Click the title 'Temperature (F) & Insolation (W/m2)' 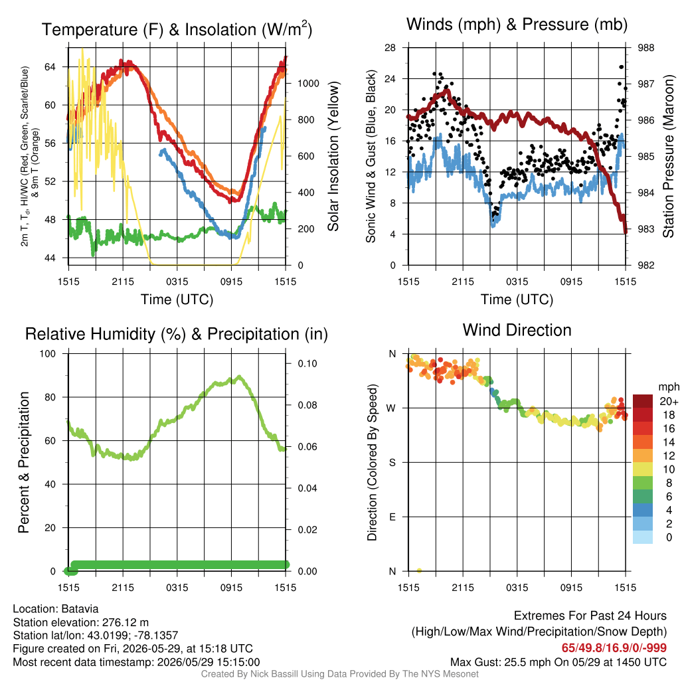coord(177,29)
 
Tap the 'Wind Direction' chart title coord(517,330)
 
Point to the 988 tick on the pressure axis coord(645,48)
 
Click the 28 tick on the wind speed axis coord(390,48)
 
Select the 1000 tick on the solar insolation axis coord(308,83)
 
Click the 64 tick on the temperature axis coord(50,67)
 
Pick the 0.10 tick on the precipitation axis coord(307,363)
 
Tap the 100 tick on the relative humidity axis coord(48,353)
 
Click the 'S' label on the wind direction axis coord(392,462)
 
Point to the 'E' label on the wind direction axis coord(392,517)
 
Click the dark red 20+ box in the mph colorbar coord(643,401)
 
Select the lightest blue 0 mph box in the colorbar coord(643,537)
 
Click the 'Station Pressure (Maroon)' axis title coord(668,156)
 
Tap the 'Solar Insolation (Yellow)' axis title coord(333,156)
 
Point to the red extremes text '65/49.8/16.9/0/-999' coord(614,647)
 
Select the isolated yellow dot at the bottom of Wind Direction coord(419,570)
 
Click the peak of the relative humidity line coord(239,377)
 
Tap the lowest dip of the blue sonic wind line coord(493,225)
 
